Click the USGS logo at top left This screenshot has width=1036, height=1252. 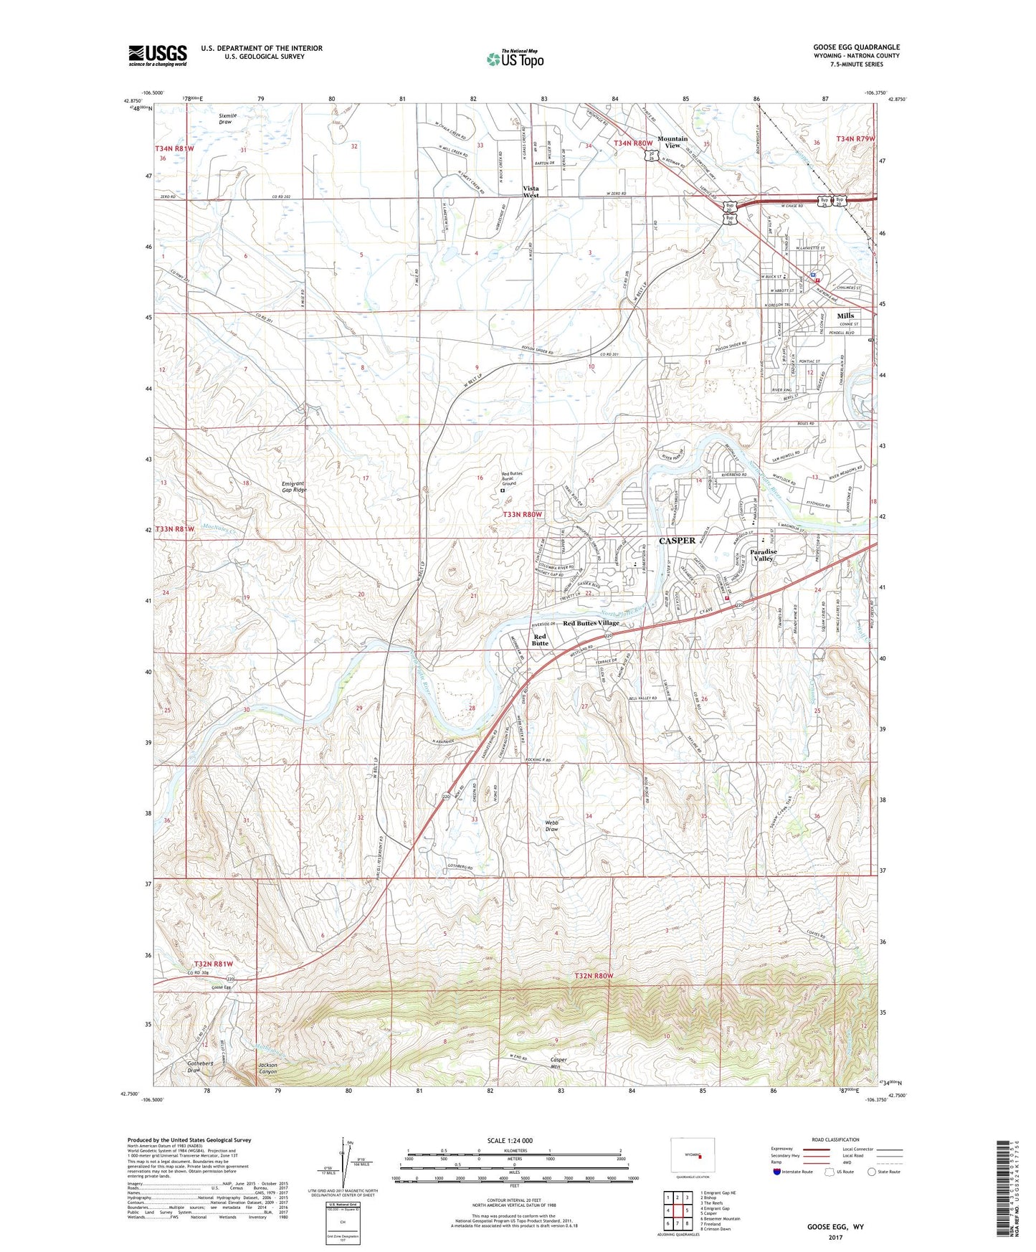coord(158,55)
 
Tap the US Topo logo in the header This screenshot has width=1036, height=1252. coord(515,59)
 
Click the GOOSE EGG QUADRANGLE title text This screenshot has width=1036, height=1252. coord(856,47)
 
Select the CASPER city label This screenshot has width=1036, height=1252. coord(677,541)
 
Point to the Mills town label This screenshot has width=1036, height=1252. coord(845,316)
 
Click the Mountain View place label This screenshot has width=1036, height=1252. coord(672,142)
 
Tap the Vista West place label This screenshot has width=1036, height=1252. coord(531,191)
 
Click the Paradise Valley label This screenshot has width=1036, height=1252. coord(764,555)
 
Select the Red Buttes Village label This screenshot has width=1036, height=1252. coord(591,623)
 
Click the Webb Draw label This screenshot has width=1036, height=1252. coord(551,825)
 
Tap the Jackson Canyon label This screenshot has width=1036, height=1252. coord(267,1068)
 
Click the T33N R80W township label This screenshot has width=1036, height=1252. coord(523,515)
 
